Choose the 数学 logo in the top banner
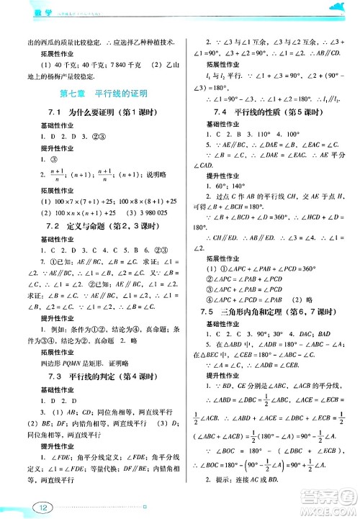(25, 8)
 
